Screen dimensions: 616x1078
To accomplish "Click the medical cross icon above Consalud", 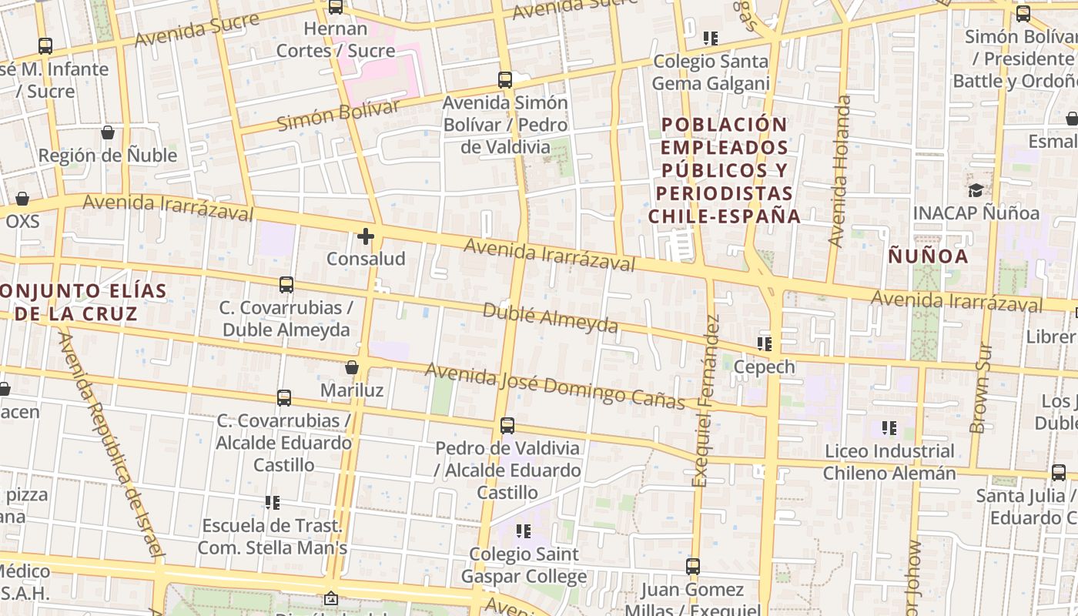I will tap(366, 236).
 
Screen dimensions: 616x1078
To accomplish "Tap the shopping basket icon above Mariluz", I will tap(352, 367).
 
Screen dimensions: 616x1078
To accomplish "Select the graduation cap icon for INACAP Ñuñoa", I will tap(976, 190).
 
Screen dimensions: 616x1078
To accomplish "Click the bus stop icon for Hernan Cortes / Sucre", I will tap(336, 7).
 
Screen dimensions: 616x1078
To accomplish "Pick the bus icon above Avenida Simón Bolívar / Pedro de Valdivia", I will tap(505, 79).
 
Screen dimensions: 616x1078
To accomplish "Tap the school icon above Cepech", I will tap(765, 343).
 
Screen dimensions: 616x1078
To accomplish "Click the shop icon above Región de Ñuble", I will tap(108, 132).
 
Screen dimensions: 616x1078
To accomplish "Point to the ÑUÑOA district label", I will tap(928, 256).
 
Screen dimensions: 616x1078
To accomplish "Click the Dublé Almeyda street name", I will tap(550, 318).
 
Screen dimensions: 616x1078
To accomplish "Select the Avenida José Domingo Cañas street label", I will tap(554, 387).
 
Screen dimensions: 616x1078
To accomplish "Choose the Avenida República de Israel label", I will tap(112, 444).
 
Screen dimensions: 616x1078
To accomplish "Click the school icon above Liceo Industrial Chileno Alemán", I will tap(889, 427).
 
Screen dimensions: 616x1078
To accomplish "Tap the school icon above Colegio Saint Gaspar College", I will tap(524, 531).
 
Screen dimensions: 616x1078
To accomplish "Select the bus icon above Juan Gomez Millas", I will tap(693, 567).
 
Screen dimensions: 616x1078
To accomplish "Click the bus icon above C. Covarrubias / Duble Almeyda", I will tap(286, 285).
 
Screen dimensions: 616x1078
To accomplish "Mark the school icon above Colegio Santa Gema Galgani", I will tap(710, 38).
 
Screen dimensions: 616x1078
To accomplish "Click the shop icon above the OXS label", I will tap(22, 199).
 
